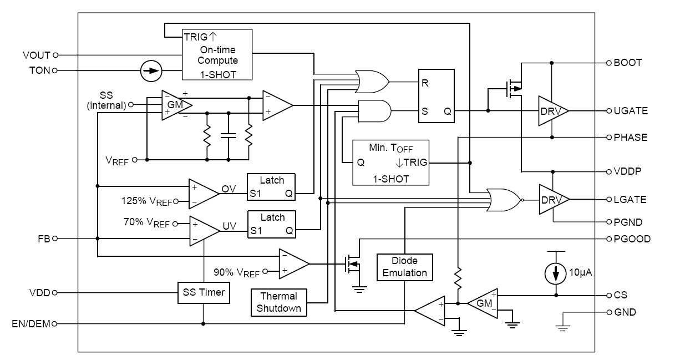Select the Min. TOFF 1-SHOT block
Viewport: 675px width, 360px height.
(390, 163)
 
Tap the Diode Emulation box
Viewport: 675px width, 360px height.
(404, 267)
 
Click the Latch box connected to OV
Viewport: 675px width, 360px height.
(271, 187)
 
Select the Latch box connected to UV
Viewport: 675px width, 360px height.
(271, 224)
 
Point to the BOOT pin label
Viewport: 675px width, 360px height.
(627, 63)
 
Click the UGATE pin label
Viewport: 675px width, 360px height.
(631, 111)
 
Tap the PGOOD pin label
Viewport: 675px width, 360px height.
(632, 239)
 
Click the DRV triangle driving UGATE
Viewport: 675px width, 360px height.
(552, 111)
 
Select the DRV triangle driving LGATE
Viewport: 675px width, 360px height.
(552, 199)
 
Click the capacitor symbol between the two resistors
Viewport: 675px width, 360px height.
(228, 135)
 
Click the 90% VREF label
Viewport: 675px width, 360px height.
(236, 272)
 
